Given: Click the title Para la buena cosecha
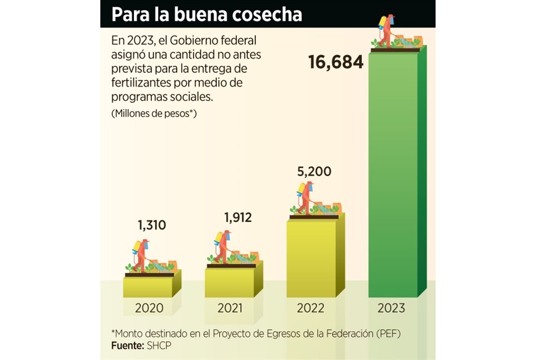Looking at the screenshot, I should click(206, 15).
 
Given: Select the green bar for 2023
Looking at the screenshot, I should click(393, 174).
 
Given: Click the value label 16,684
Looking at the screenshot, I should click(336, 62).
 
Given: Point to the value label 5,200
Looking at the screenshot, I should click(315, 171).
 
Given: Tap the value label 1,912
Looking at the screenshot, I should click(237, 217).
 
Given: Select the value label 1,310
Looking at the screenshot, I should click(152, 226).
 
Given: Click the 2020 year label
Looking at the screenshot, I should click(149, 308).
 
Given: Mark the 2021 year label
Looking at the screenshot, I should click(230, 308).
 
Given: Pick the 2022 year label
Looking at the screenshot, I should click(311, 308).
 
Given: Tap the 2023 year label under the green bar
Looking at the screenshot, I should click(391, 308).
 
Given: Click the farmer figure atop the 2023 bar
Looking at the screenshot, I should click(386, 31).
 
